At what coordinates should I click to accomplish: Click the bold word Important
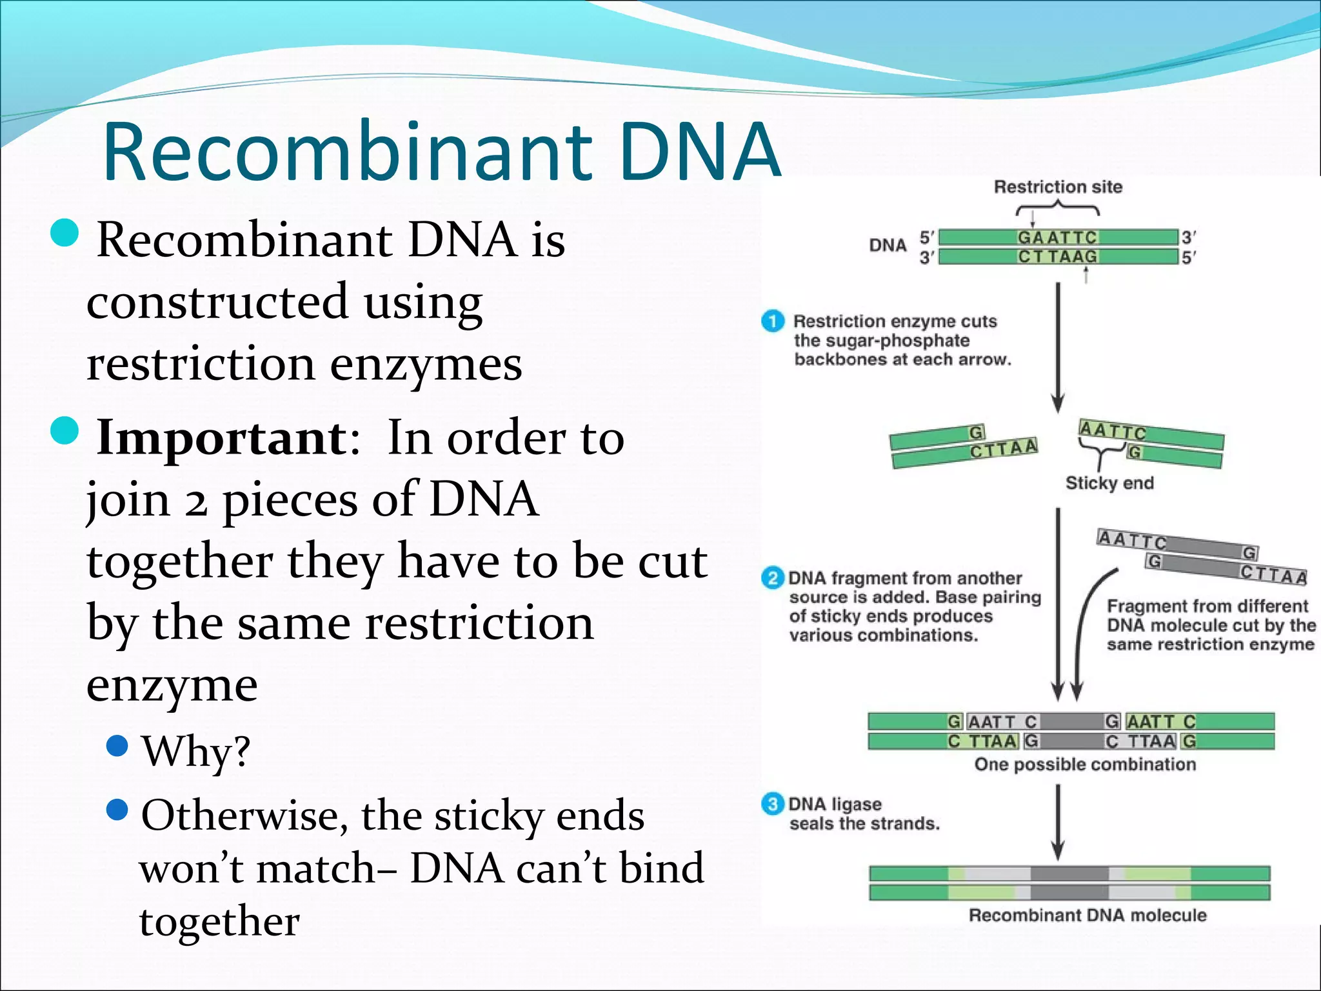(x=221, y=438)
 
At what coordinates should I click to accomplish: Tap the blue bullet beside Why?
(x=117, y=746)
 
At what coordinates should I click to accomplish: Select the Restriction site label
(x=1058, y=187)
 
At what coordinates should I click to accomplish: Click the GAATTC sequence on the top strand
(x=1057, y=237)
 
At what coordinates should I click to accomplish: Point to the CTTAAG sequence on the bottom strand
(x=1057, y=257)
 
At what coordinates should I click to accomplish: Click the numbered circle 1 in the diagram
(x=773, y=321)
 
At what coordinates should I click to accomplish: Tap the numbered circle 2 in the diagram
(x=772, y=577)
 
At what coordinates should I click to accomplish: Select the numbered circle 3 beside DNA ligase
(x=772, y=804)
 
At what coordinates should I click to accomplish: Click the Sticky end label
(x=1109, y=483)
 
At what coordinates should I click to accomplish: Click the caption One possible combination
(x=1085, y=765)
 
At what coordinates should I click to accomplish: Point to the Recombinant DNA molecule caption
(x=1088, y=916)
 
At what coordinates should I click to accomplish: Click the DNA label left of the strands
(x=888, y=246)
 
